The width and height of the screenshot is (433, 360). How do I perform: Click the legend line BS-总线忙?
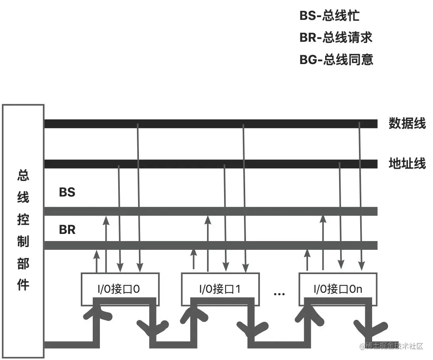point(329,16)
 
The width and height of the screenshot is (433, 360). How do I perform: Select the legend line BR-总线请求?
point(336,38)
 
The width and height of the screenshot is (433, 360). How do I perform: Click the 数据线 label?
point(407,124)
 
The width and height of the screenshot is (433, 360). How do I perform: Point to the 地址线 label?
point(407,163)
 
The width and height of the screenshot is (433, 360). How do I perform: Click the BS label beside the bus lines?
point(67,193)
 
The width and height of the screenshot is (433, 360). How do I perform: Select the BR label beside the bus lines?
point(67,230)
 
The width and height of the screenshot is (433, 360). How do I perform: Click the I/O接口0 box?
point(120,289)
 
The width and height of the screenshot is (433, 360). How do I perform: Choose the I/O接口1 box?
point(220,289)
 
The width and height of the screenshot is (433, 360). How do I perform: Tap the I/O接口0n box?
point(337,289)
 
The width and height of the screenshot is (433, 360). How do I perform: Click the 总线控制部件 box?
point(23,231)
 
